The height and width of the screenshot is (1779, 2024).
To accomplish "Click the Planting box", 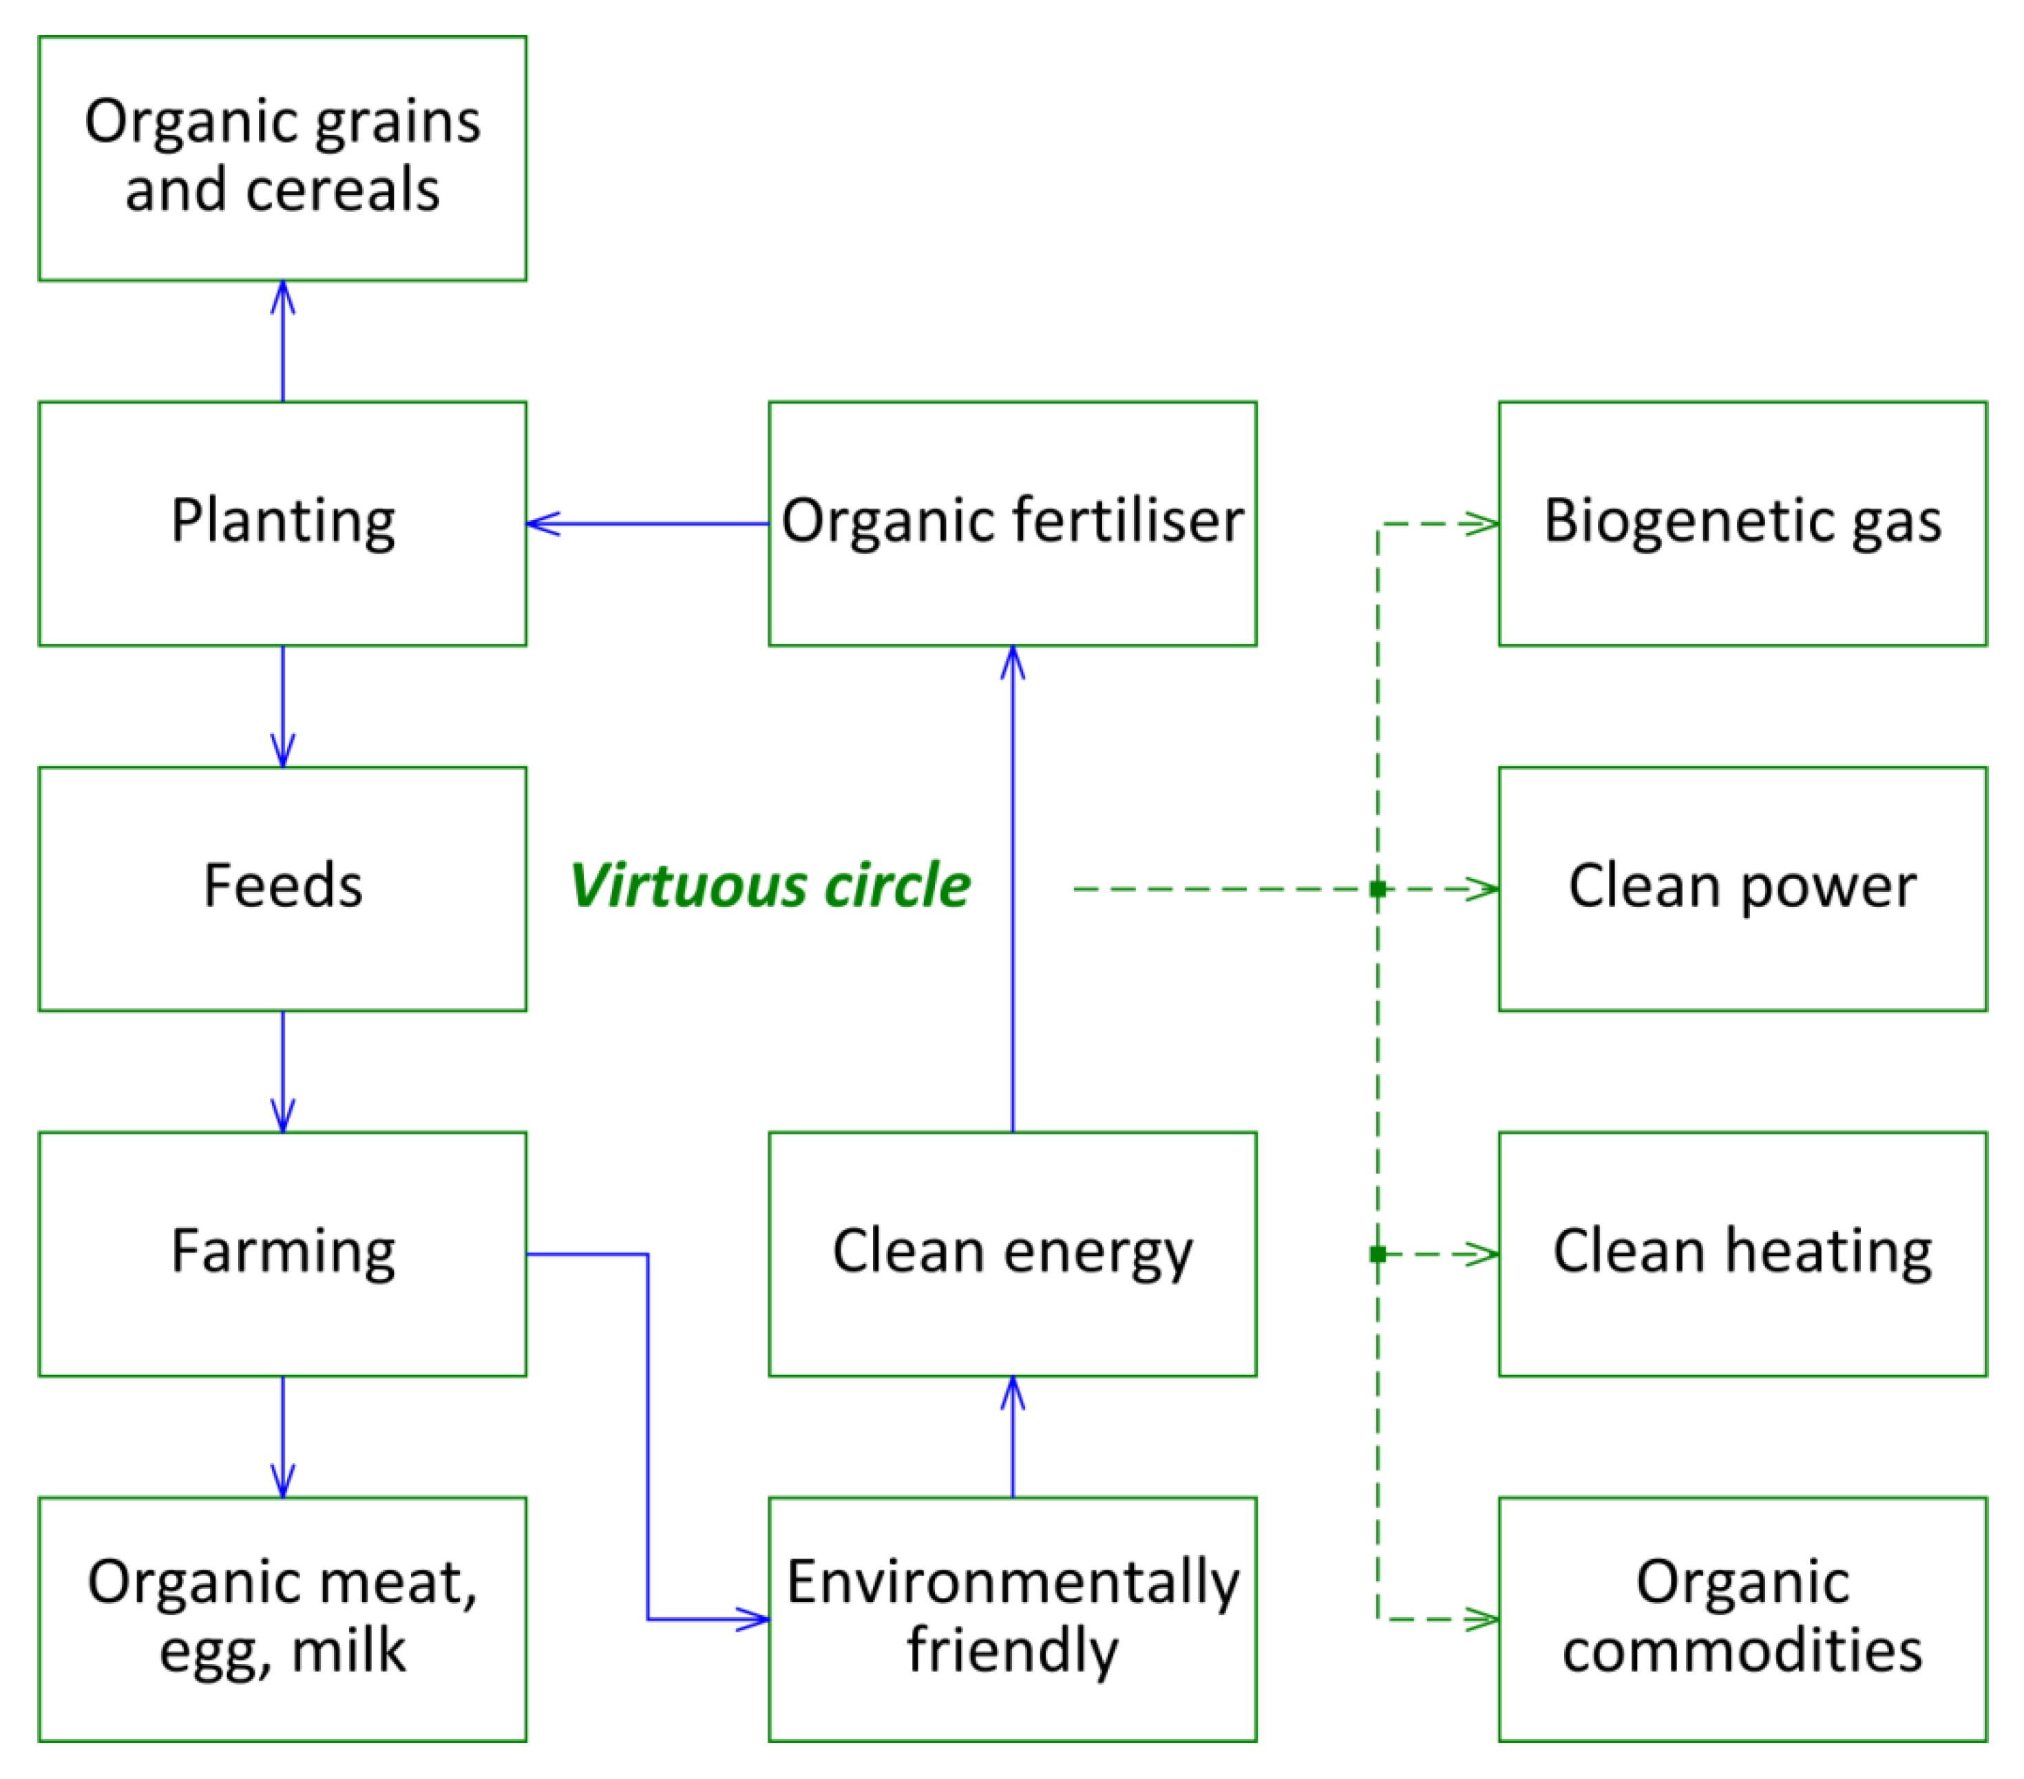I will point(282,523).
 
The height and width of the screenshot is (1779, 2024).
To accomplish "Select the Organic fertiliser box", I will point(1012,523).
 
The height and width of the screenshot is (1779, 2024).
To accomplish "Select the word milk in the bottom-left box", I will point(348,1651).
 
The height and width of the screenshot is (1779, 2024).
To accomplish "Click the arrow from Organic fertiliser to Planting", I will point(648,523).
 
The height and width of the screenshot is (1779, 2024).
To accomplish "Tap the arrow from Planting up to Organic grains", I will point(283,342).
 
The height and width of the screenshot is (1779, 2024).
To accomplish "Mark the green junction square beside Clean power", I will point(1378,888).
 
